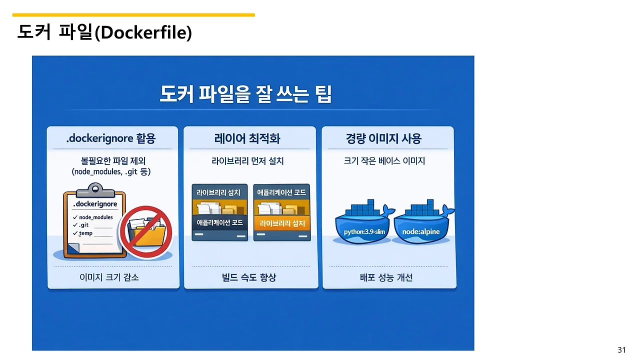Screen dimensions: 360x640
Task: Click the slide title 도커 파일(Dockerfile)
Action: (x=104, y=32)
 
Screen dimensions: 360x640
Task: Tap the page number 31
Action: (x=621, y=349)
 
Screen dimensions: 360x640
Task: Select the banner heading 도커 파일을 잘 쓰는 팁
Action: (x=245, y=94)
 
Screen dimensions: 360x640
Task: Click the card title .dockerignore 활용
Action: (x=111, y=138)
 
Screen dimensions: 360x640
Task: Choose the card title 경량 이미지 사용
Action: (x=383, y=138)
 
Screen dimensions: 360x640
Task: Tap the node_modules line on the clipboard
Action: (x=95, y=217)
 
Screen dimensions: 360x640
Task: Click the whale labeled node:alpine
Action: (x=421, y=227)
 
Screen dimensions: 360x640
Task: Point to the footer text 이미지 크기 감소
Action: (x=109, y=277)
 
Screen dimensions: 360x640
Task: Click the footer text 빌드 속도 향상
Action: (x=248, y=277)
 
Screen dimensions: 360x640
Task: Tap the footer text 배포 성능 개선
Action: (x=386, y=277)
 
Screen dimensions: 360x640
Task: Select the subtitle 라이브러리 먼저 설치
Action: (x=248, y=161)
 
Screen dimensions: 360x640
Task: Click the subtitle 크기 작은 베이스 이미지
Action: (x=384, y=161)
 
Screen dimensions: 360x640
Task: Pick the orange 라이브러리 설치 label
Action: (x=282, y=223)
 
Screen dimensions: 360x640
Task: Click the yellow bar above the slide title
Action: (x=133, y=15)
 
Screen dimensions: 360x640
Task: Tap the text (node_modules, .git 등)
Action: (x=111, y=172)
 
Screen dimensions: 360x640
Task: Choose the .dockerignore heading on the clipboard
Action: (x=95, y=204)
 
